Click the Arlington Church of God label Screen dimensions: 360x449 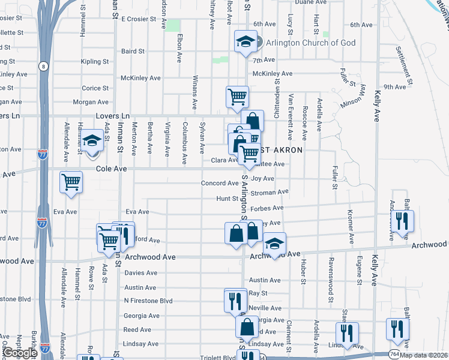pos(310,43)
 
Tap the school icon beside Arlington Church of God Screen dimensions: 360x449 pos(244,41)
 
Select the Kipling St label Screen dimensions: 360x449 pos(95,61)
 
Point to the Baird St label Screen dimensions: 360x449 pos(133,52)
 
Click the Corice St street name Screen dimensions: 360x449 pos(95,88)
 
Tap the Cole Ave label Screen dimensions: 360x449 pos(112,169)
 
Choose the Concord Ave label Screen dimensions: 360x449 pos(220,183)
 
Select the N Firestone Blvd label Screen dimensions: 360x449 pos(148,301)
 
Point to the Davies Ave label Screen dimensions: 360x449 pos(140,272)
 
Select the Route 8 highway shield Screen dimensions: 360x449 pos(44,66)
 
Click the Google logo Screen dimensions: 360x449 pos(20,353)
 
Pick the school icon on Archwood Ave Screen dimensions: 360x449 pos(274,244)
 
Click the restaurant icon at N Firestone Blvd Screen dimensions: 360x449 pos(235,300)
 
